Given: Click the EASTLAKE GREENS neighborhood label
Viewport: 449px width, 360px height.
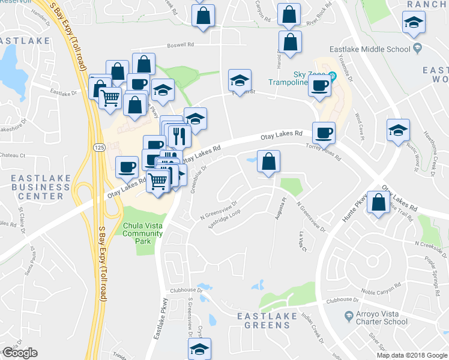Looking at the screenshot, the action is pyautogui.click(x=264, y=320).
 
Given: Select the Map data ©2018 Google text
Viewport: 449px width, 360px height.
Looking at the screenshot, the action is pyautogui.click(x=412, y=355).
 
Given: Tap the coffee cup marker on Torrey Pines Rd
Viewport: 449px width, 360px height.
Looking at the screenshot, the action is pyautogui.click(x=324, y=133).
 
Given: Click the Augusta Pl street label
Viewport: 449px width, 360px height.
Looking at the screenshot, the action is pyautogui.click(x=278, y=209).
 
